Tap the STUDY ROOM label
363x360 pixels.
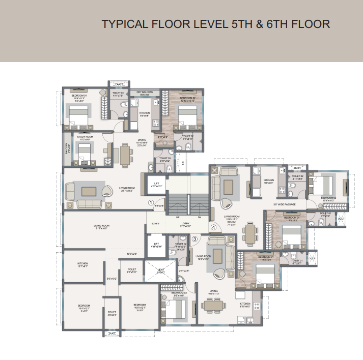point(85,137)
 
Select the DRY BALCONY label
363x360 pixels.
point(145,93)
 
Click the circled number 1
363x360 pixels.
point(151,202)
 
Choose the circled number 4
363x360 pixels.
point(214,227)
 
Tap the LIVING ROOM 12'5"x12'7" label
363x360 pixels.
point(204,257)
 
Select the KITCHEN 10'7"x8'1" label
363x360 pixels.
point(82,264)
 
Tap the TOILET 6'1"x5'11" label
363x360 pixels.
point(132,271)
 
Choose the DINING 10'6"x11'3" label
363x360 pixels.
point(213,292)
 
